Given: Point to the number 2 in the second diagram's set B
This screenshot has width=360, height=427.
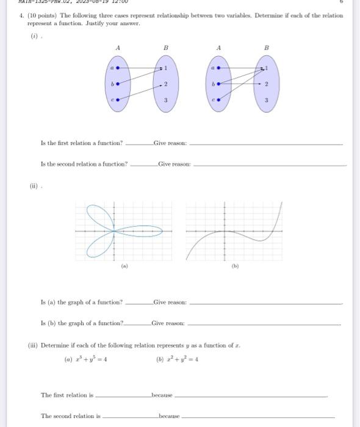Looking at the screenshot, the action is [x=267, y=83].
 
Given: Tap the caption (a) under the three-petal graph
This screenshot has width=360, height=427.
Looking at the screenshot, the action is [x=124, y=266].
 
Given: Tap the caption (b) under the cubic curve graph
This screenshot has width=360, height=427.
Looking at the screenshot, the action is [x=235, y=266].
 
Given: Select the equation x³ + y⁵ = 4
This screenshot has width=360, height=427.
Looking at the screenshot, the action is [x=86, y=359].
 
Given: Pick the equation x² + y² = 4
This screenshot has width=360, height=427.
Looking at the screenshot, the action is [x=178, y=359].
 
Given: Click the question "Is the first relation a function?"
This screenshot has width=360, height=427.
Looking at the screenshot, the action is [x=81, y=143].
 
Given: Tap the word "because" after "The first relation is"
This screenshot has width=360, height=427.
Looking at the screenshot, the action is [x=162, y=395].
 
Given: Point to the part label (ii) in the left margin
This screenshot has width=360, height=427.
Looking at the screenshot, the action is [x=35, y=187].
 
